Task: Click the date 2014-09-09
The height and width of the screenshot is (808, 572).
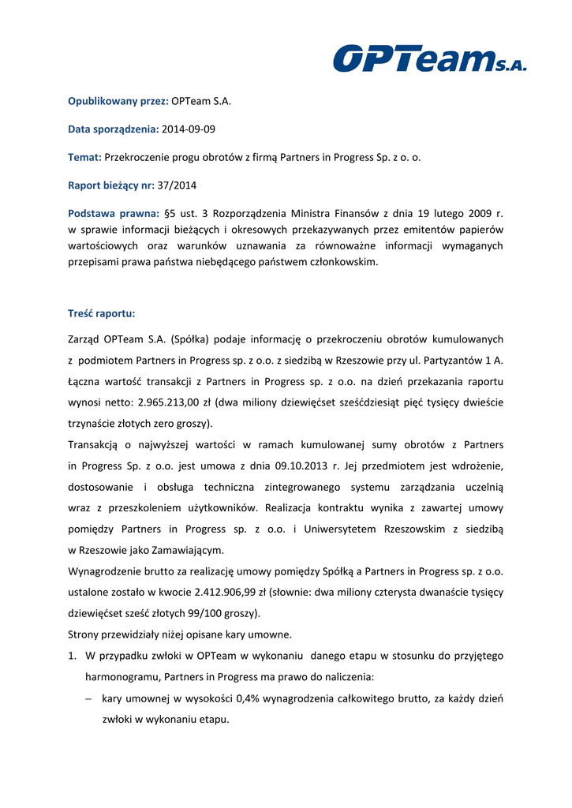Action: [189, 129]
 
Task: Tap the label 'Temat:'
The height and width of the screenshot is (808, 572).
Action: [85, 157]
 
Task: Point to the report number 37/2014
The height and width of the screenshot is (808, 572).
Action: [178, 185]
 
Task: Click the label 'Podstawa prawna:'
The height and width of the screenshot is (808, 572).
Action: [114, 213]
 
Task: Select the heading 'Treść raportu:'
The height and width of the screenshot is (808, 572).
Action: [102, 313]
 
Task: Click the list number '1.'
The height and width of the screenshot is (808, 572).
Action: [73, 656]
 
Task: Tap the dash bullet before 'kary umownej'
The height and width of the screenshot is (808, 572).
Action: [91, 699]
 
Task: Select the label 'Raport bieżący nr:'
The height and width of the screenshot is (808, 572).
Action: [110, 185]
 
